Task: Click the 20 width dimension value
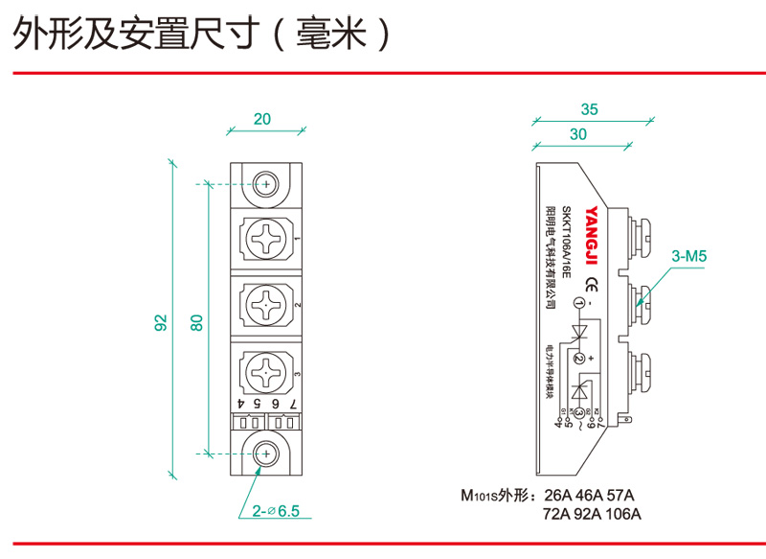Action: point(262,119)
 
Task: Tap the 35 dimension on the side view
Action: point(589,110)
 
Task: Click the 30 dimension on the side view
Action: point(577,135)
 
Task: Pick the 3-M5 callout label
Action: point(688,257)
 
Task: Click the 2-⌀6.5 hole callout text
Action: point(277,511)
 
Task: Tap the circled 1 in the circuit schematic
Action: point(577,304)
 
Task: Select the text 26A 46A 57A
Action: point(589,496)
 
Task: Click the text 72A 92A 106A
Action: point(592,515)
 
